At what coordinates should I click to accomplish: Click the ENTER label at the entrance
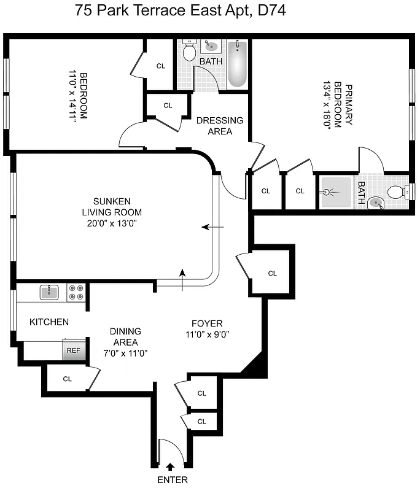172,480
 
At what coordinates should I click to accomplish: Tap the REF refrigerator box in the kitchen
73,350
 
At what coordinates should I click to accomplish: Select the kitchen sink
50,292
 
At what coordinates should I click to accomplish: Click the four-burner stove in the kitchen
76,292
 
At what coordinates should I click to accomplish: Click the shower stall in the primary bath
335,193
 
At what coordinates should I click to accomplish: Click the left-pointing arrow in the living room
213,227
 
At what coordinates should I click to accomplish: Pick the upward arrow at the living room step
182,274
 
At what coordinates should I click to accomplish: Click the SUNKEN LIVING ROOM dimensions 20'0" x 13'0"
111,223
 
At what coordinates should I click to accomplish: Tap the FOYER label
207,323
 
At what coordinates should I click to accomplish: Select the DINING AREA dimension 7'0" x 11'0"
125,353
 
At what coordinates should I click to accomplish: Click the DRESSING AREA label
220,126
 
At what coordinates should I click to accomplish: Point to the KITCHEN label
49,322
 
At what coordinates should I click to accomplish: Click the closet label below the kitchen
68,379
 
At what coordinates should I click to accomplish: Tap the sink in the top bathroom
211,45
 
